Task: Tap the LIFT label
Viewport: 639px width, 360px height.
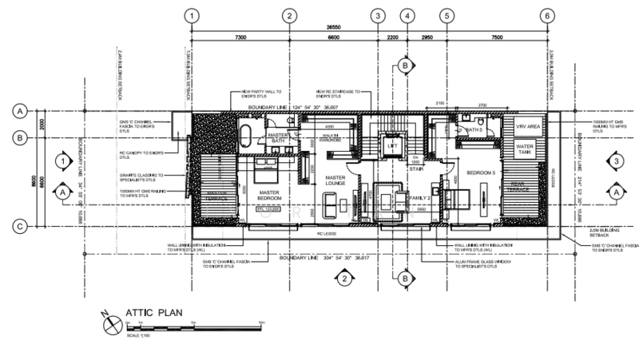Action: pos(392,147)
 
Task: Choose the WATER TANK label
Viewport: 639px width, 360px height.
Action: pos(525,149)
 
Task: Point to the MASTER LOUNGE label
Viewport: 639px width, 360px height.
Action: pos(335,182)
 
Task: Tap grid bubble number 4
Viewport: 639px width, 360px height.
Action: pos(407,15)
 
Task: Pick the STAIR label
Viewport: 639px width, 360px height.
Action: pos(415,168)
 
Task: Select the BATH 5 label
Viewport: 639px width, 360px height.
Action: pos(477,129)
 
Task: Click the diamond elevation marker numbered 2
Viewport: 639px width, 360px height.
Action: pos(342,279)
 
